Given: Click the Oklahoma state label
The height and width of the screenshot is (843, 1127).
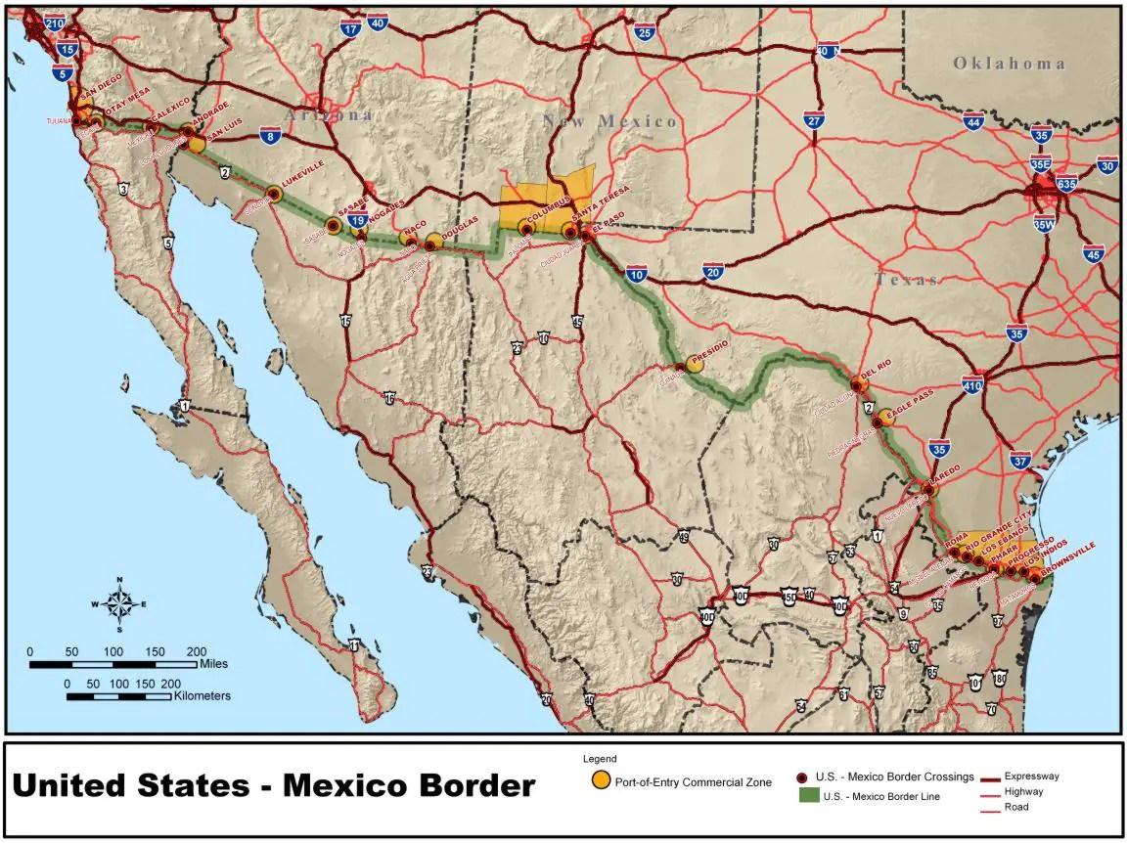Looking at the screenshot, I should point(1010,64).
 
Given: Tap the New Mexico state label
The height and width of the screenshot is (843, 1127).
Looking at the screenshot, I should point(610,121).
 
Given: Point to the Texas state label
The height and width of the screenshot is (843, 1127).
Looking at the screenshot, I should point(906,280).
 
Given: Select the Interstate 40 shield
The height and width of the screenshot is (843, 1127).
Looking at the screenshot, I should point(378,23).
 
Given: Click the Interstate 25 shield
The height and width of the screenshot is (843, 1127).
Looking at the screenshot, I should point(644,33).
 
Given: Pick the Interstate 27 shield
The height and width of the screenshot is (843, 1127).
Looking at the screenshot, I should point(814,120).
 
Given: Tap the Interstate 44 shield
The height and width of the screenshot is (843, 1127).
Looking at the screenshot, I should point(972,122).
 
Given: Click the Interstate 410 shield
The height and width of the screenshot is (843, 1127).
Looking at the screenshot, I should point(972,385).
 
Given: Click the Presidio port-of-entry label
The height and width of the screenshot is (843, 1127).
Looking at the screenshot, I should point(710,359).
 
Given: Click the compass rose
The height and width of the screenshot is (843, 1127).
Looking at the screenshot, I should point(119,603).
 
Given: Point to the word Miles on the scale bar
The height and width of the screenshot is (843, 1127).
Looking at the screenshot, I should point(213,663).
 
